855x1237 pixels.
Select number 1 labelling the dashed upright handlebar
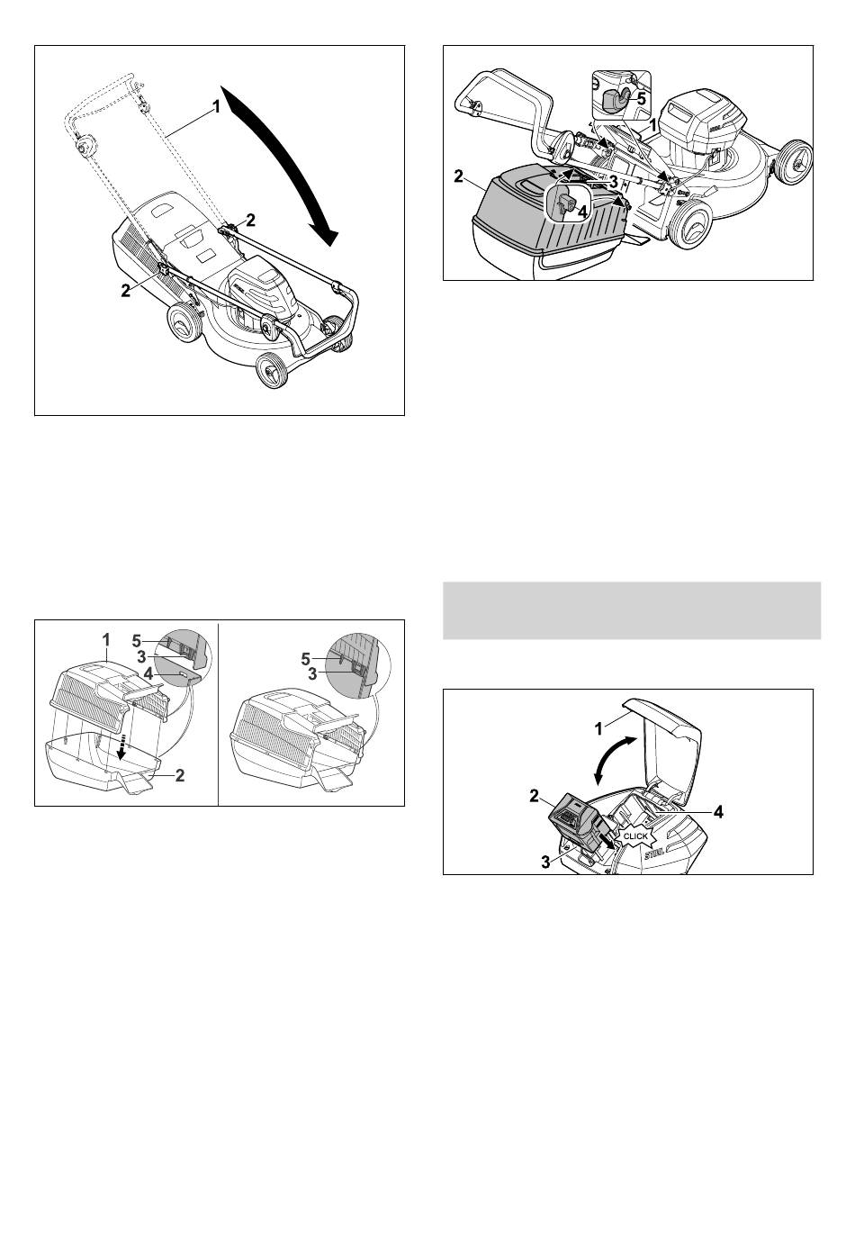(216, 106)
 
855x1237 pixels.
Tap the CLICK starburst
(634, 836)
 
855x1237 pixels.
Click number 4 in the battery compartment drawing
(717, 812)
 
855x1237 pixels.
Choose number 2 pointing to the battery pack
(534, 796)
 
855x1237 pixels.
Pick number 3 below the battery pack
(545, 862)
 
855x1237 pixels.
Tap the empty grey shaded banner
(632, 610)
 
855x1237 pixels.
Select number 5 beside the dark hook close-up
(640, 99)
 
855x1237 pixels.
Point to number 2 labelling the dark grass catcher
(458, 176)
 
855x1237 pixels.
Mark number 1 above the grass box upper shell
(106, 640)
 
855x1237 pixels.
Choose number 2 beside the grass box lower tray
(179, 775)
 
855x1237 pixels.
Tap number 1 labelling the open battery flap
(598, 729)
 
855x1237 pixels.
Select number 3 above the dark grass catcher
(613, 181)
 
